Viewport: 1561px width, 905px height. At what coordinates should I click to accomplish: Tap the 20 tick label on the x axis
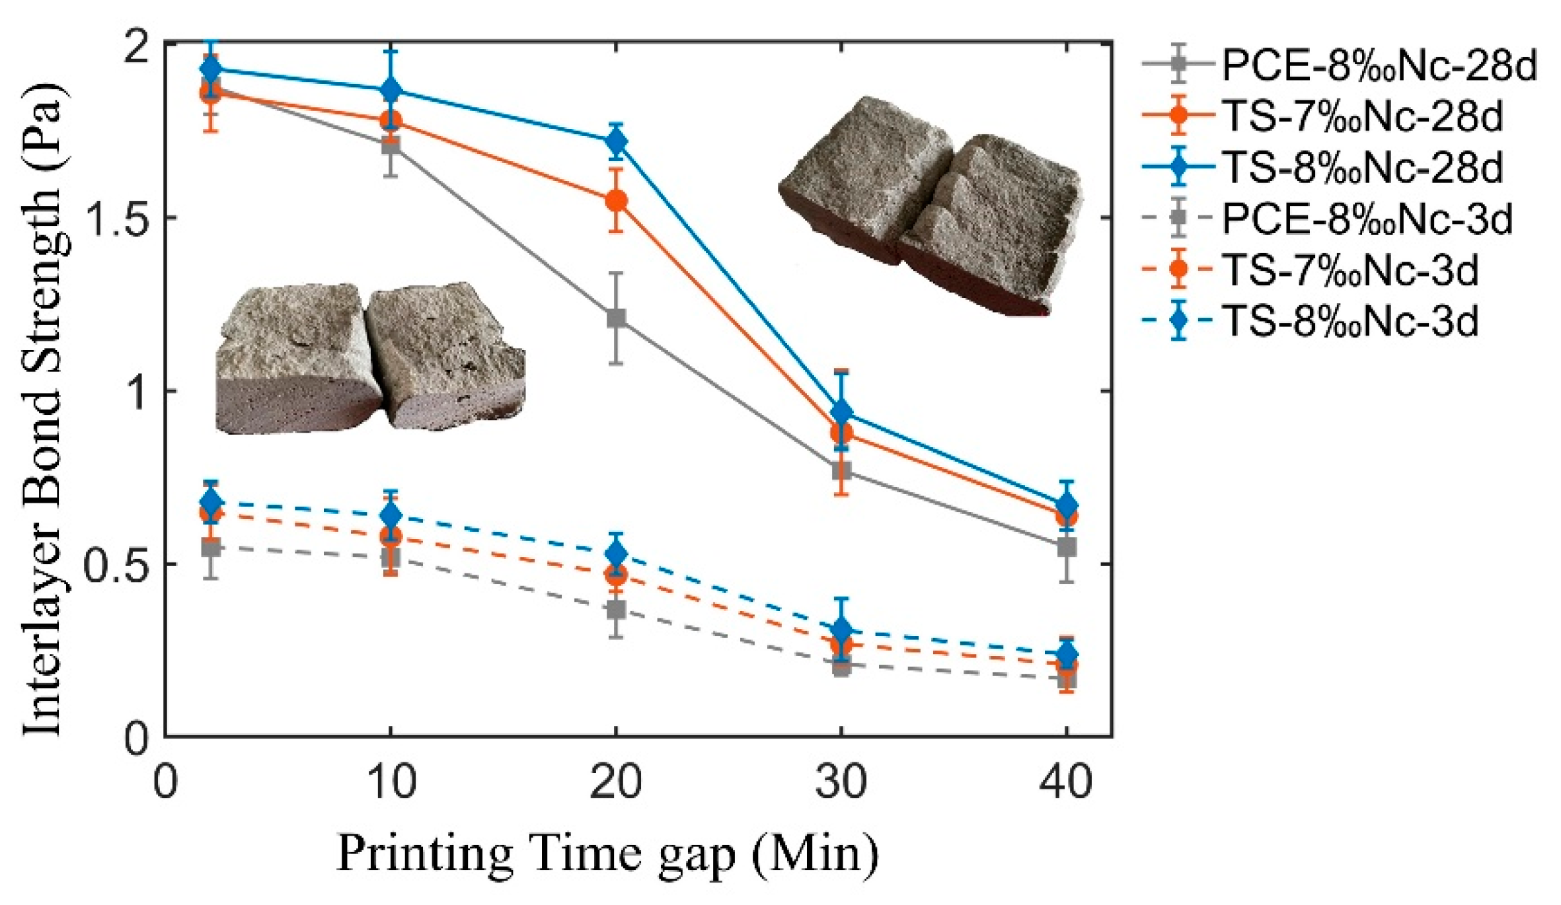coord(615,783)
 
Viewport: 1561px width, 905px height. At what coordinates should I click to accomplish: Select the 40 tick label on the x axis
coord(1065,783)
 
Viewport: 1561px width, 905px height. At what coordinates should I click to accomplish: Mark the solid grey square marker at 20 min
coord(616,318)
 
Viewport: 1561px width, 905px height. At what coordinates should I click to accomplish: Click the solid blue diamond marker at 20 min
coord(616,141)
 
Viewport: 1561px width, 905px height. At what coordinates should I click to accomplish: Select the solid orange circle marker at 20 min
coord(616,200)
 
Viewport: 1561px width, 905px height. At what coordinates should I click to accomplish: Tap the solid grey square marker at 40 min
coord(1066,547)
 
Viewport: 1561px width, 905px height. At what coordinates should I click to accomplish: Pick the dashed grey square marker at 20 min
coord(616,609)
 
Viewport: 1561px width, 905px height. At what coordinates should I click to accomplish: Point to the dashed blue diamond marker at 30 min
coord(841,630)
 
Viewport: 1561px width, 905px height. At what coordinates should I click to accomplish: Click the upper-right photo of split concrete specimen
coord(932,205)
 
